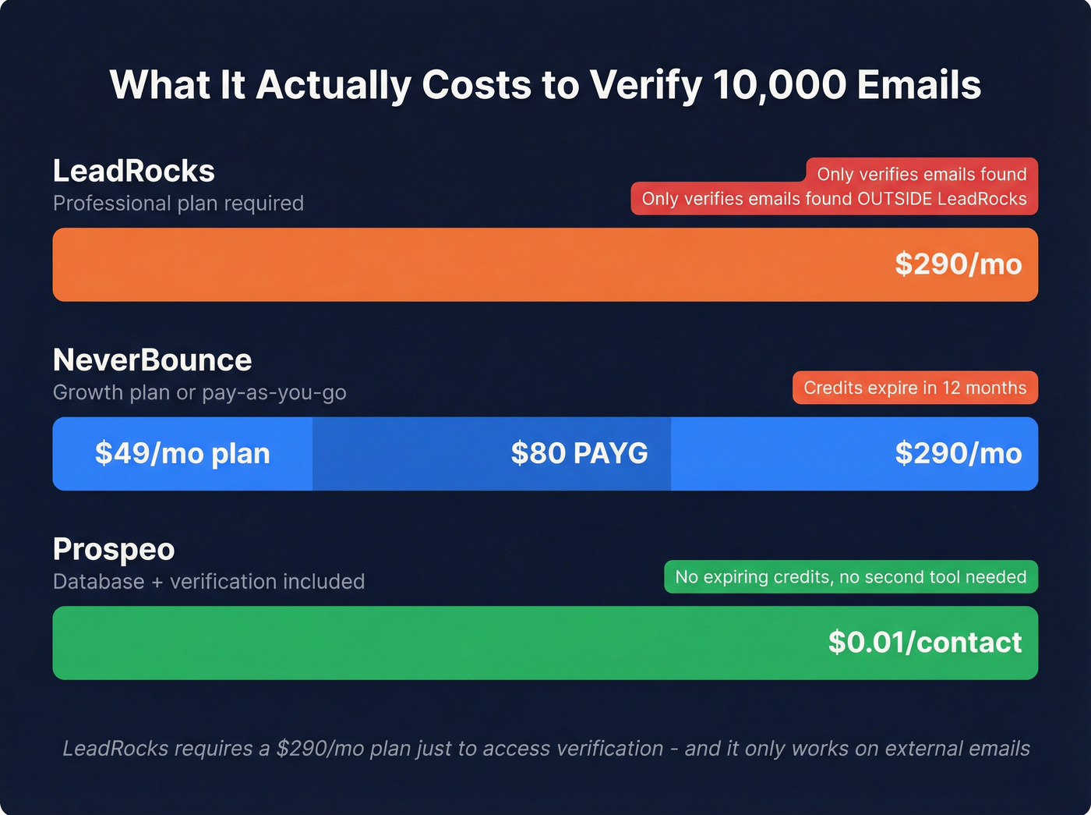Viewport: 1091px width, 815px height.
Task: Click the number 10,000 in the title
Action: (x=779, y=85)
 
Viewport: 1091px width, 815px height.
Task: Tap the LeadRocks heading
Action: (x=133, y=171)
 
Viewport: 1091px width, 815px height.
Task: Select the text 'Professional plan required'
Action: (x=178, y=204)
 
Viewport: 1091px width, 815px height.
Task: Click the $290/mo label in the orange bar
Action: (x=958, y=264)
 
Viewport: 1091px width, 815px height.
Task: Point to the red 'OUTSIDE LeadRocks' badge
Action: (x=834, y=199)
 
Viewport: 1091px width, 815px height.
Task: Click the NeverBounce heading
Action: (x=152, y=360)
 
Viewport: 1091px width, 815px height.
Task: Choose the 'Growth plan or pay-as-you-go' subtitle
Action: (x=199, y=392)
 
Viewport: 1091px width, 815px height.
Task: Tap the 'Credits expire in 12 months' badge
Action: (x=915, y=388)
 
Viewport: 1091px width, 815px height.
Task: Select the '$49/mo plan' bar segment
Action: (x=182, y=453)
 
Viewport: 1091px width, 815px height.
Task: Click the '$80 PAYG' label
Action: (x=579, y=453)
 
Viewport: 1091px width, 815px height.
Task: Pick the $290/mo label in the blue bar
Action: (x=958, y=453)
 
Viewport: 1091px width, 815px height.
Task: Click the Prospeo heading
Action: (x=114, y=550)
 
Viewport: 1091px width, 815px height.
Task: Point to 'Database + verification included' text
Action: (x=209, y=582)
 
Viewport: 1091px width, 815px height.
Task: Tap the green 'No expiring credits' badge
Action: (x=850, y=577)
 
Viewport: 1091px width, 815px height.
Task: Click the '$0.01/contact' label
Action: (x=924, y=643)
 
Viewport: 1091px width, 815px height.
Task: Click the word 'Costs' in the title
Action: (x=477, y=85)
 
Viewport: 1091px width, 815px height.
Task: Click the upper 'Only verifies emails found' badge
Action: (x=921, y=173)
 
